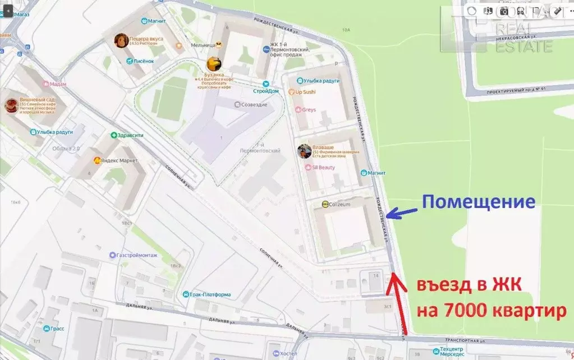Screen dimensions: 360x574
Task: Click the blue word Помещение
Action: click(x=479, y=201)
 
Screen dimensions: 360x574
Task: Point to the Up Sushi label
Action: click(x=305, y=91)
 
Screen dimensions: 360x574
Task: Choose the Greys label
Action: click(x=309, y=110)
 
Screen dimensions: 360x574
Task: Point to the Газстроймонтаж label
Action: click(x=137, y=255)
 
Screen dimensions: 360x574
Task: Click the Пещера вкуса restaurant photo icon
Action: click(x=121, y=40)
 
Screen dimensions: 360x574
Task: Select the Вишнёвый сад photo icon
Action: click(x=11, y=105)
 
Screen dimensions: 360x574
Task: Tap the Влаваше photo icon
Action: click(x=304, y=151)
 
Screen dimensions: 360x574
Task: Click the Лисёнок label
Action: click(x=143, y=61)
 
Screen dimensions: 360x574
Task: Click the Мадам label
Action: click(x=58, y=84)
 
